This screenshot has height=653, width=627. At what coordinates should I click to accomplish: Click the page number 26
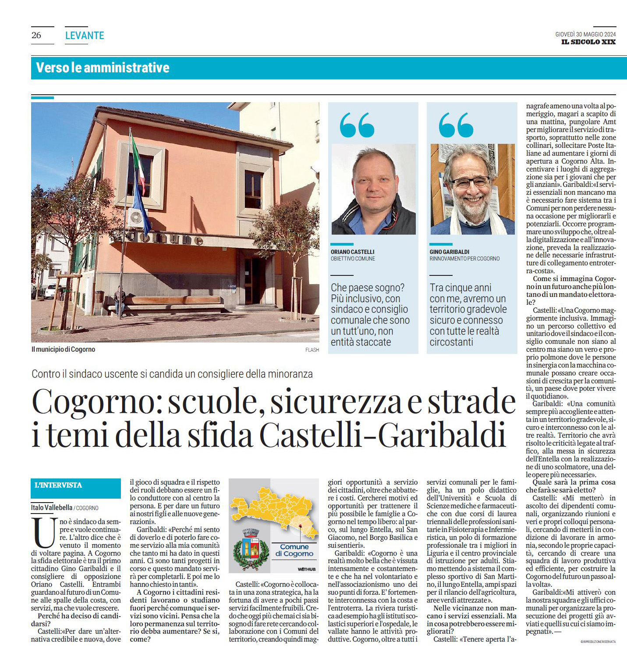coord(36,36)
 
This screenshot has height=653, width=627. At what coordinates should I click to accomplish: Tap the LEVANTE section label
coord(85,36)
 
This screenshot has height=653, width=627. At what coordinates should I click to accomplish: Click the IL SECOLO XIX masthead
coord(588,42)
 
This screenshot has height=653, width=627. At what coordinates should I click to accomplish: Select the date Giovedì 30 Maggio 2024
coord(585,34)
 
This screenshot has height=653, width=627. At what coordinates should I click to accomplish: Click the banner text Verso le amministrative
coord(103,68)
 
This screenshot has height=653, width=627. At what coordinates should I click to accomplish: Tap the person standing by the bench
coord(119,300)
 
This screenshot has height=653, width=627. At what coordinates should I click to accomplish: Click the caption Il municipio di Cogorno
coord(63,349)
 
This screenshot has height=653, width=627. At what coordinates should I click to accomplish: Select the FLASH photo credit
coord(312,350)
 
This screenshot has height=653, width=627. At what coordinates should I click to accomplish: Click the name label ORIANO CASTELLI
coord(352,252)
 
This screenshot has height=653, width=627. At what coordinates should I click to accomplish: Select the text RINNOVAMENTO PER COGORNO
coord(464,259)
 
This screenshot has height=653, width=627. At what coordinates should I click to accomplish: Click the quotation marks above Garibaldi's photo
coord(456,125)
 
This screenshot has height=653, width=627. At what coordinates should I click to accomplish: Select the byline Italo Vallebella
coord(52,507)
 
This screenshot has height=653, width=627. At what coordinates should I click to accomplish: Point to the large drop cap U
coord(44,533)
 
